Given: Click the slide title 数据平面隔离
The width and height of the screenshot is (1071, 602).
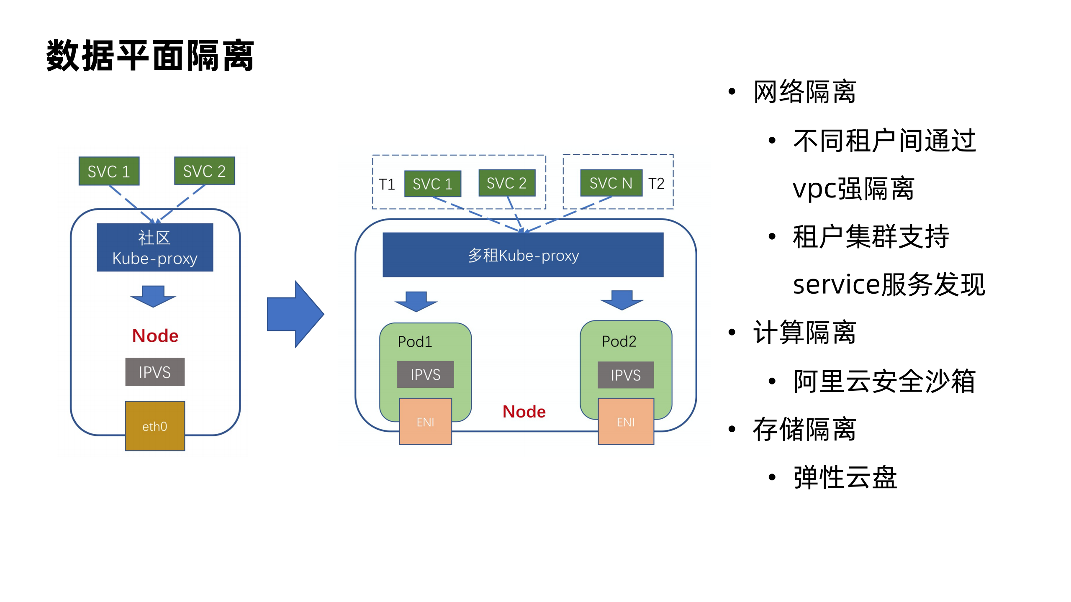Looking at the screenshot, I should [150, 56].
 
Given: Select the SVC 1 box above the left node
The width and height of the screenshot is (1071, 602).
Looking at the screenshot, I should [109, 171].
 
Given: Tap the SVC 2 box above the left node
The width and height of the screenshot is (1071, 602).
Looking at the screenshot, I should [204, 171].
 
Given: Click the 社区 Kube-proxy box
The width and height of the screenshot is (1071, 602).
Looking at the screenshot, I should [155, 248].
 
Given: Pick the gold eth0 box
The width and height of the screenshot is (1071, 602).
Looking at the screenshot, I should [155, 426].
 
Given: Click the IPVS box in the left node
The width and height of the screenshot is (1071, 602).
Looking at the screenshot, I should [155, 372].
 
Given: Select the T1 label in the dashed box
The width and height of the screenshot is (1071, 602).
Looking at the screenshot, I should [387, 184].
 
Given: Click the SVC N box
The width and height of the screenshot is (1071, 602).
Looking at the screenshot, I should [611, 183].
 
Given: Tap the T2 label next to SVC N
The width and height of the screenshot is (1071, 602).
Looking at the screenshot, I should [656, 183].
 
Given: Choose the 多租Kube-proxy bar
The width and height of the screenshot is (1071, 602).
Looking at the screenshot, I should [523, 255].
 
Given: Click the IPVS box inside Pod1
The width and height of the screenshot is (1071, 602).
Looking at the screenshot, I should [425, 374].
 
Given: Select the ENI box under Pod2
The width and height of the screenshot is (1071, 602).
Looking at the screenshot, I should [626, 422].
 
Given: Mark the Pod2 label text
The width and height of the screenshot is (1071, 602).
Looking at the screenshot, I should [619, 341].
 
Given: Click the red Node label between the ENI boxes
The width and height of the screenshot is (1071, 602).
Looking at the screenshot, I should [524, 412].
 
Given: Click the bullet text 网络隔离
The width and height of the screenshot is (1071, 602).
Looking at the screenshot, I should [804, 92].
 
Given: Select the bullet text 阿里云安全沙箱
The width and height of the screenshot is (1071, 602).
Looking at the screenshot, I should [884, 381].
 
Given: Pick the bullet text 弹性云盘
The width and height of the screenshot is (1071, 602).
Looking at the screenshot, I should [845, 477].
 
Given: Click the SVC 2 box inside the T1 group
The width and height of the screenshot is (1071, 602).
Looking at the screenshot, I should [506, 183].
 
